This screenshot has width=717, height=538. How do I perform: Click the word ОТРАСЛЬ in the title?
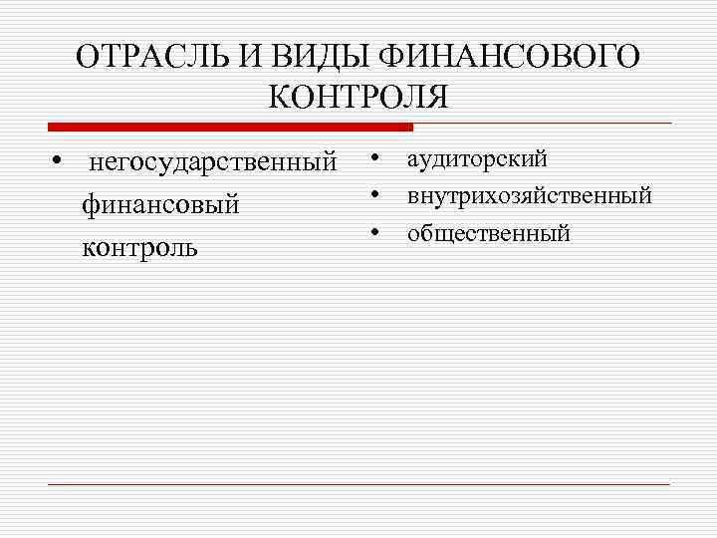(x=146, y=57)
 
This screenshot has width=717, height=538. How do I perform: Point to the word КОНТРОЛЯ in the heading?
(x=358, y=98)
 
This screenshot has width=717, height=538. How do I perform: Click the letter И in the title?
(x=239, y=57)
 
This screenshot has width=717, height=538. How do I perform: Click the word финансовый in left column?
(x=160, y=205)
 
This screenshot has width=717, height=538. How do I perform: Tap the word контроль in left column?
(x=139, y=246)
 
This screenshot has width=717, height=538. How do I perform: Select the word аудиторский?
(x=476, y=159)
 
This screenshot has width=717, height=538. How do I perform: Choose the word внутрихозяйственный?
(x=529, y=194)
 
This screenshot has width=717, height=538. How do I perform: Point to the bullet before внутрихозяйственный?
(x=377, y=194)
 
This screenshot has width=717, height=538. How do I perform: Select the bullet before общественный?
(x=377, y=232)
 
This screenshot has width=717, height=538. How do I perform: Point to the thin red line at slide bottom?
(x=358, y=484)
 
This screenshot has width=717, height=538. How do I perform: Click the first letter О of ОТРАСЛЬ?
(x=87, y=57)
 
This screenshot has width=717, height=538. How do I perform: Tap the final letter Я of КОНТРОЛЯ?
(x=437, y=98)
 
